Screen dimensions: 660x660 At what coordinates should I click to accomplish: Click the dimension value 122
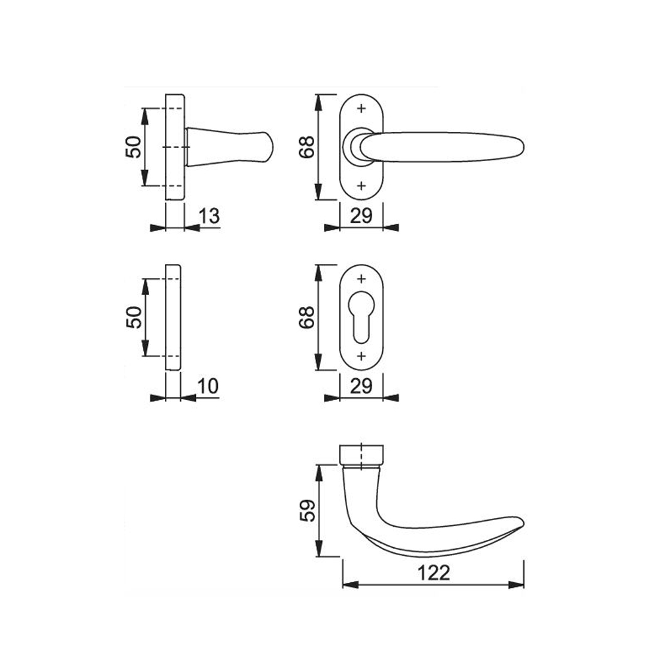click(x=434, y=573)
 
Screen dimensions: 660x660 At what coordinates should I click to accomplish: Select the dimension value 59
click(x=308, y=511)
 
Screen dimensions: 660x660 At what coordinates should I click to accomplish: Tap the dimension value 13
click(x=209, y=216)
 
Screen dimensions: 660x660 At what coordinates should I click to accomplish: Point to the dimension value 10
click(x=209, y=386)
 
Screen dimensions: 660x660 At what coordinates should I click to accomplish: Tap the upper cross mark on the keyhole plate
click(x=362, y=279)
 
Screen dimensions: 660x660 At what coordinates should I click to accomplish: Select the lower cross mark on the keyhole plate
click(x=362, y=356)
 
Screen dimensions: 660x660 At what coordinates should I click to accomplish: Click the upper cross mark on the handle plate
click(x=362, y=109)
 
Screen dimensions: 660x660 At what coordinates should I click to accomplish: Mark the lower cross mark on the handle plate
click(x=362, y=185)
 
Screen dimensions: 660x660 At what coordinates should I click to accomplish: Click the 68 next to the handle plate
click(x=307, y=147)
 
